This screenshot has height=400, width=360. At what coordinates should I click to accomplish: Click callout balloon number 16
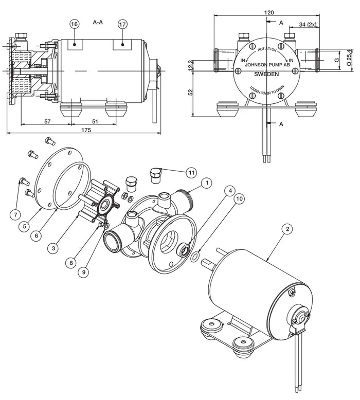(75, 24)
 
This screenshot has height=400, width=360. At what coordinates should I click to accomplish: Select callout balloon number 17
(122, 24)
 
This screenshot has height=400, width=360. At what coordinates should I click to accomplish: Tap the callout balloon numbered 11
(191, 172)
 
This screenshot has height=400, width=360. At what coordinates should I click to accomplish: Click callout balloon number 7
(16, 213)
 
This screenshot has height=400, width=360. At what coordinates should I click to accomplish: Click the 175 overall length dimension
(86, 131)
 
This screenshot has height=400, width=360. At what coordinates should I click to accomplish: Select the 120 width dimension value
(268, 12)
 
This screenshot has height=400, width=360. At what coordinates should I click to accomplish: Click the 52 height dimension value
(191, 93)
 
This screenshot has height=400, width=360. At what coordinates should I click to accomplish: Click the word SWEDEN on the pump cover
(267, 74)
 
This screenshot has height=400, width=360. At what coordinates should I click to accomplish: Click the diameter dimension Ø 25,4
(349, 57)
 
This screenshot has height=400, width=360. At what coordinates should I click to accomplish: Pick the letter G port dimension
(336, 60)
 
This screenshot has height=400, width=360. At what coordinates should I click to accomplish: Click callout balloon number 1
(206, 183)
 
